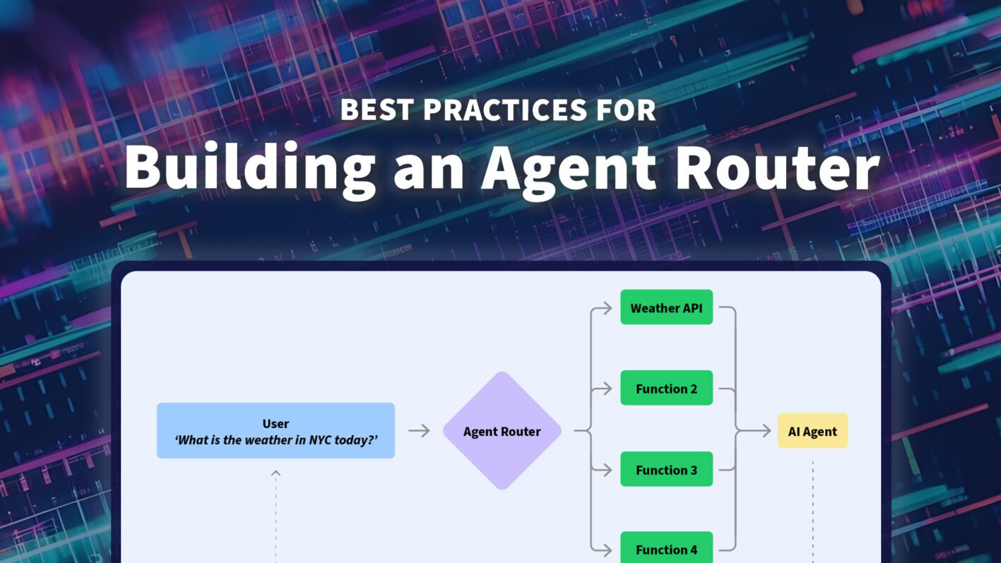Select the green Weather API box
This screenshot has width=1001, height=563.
point(666,307)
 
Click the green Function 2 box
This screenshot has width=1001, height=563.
point(666,388)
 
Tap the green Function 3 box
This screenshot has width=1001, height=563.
point(666,469)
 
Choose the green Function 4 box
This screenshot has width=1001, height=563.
point(666,548)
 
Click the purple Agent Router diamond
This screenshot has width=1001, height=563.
point(502,431)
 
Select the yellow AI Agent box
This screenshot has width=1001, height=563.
point(812,431)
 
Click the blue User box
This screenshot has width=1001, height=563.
point(276,431)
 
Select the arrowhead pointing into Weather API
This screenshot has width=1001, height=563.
point(608,308)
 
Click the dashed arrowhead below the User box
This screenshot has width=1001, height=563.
point(276,473)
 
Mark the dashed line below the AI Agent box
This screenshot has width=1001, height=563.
point(812,509)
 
